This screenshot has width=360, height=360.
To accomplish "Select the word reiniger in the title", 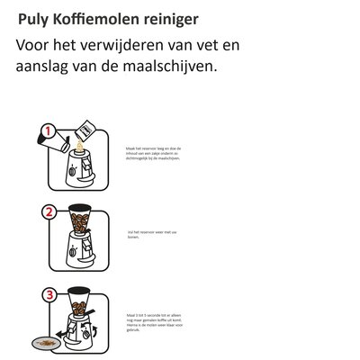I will [x=168, y=18].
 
